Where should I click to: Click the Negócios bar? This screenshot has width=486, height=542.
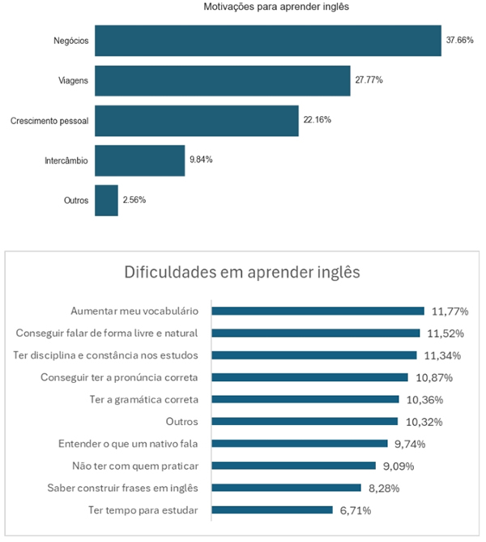(x=267, y=40)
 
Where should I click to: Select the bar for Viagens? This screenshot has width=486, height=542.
(x=223, y=80)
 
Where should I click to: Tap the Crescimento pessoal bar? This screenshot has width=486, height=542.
(x=196, y=120)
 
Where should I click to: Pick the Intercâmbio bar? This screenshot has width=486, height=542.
(x=139, y=160)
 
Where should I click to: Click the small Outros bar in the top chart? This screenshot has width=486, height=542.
(x=106, y=200)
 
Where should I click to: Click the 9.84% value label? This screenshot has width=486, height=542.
(x=201, y=160)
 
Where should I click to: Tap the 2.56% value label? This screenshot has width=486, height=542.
(x=134, y=200)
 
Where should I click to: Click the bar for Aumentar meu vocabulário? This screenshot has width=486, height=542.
(x=318, y=311)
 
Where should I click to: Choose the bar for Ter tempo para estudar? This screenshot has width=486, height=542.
(x=273, y=510)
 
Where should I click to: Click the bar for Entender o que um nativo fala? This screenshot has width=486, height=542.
(x=301, y=444)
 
